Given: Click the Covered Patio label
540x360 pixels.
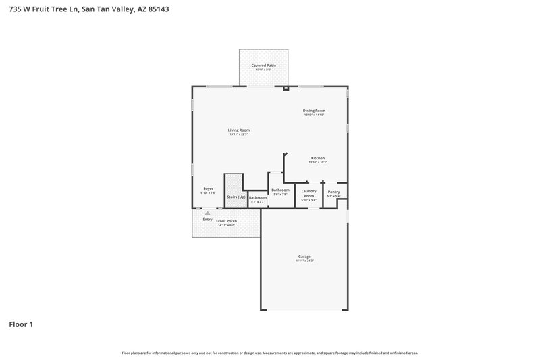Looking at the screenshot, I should point(264,66).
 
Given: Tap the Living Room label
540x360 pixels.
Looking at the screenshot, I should point(239,130).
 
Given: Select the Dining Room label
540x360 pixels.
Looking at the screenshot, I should point(314,111).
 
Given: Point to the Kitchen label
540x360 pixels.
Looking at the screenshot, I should point(317,158).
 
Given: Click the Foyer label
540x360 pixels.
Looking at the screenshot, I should point(209,188).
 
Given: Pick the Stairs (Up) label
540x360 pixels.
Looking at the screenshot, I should point(236,197).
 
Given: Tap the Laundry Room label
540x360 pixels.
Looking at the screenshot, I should point(308,194).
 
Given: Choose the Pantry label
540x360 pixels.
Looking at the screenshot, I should point(333,192).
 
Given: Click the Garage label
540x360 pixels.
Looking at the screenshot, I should point(304,257).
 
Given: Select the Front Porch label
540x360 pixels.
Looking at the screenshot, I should point(226,221).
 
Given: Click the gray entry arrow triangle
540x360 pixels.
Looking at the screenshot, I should point(207,213).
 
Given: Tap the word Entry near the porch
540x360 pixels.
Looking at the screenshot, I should point(207,219).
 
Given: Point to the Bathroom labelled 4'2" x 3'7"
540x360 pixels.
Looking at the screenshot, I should point(258,197).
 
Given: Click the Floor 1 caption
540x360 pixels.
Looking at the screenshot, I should point(21,324).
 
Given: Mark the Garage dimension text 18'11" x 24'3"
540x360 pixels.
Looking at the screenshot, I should point(304,261).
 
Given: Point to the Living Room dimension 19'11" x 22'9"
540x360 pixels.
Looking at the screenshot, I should point(239,134).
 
